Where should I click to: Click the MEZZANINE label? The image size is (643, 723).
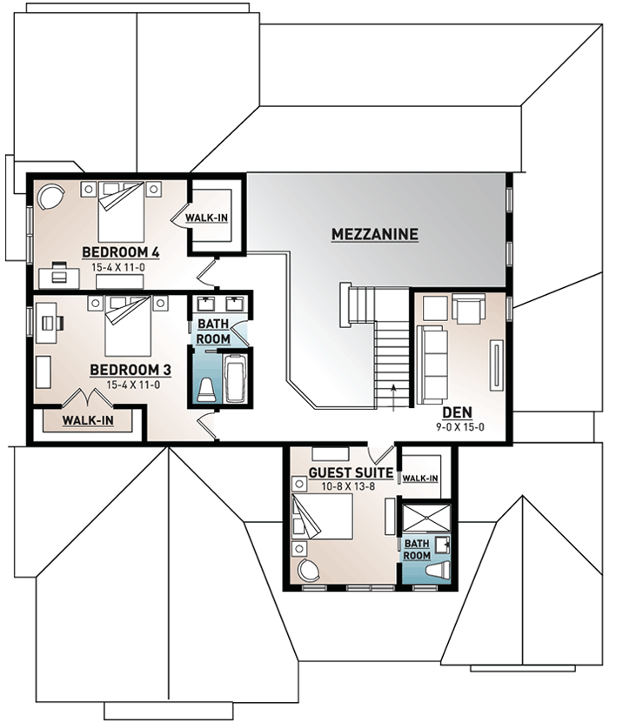[375, 234]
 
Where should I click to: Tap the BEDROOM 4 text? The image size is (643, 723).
[121, 252]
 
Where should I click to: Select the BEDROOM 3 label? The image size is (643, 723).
[130, 370]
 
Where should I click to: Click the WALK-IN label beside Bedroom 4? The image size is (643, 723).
[205, 217]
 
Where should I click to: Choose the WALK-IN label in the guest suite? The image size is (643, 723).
[420, 479]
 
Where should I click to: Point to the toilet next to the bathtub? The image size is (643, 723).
[206, 391]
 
